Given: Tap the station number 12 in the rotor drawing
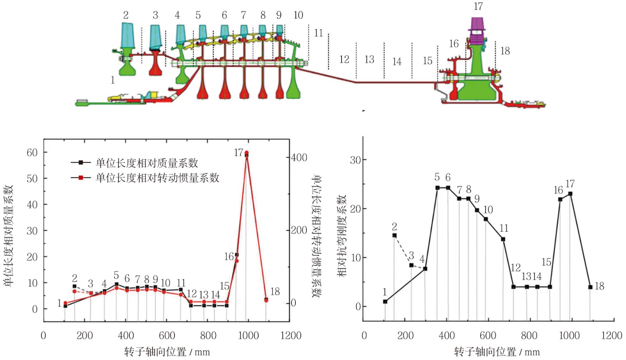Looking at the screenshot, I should [x=344, y=59].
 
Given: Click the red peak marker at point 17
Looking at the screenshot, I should [x=246, y=153].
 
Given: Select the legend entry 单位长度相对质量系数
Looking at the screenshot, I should [x=147, y=163].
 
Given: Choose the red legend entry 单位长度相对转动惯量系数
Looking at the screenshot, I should [x=157, y=178].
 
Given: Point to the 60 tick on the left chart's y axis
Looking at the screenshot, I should [x=32, y=152].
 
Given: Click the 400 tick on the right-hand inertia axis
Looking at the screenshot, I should [x=299, y=157].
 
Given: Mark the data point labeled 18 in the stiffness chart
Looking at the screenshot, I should [x=590, y=287].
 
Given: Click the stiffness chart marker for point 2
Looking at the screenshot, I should [x=394, y=235].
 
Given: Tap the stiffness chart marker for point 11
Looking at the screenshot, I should [x=503, y=239].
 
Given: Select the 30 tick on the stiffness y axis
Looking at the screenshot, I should [x=355, y=160].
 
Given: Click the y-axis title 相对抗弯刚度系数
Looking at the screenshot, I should [x=342, y=236].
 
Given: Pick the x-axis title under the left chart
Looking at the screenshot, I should [x=167, y=352].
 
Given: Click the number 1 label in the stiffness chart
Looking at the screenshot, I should [x=385, y=292].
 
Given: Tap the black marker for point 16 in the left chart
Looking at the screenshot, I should [x=236, y=255].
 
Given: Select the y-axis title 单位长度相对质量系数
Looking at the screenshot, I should [x=9, y=236].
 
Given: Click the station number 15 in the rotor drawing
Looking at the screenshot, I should [x=427, y=61].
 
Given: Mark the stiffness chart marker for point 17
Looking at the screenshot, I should [x=570, y=194].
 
